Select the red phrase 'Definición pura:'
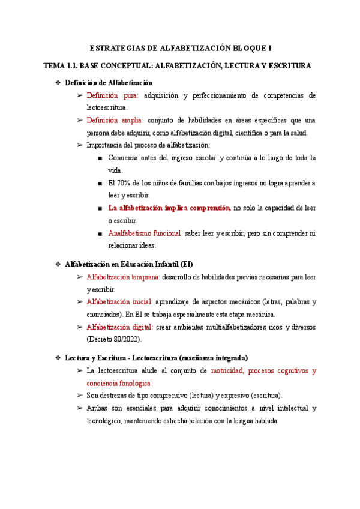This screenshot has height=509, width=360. coord(112,95)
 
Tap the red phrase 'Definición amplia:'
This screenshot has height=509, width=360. coord(115,120)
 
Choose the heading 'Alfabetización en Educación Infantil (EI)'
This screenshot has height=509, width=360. coord(128,264)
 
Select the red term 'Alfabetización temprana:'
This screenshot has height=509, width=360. coord(123,277)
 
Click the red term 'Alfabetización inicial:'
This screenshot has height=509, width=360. coord(119,301)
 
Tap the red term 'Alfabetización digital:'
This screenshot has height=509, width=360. coord(119,327)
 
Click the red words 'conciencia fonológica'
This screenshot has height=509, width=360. coord(119,383)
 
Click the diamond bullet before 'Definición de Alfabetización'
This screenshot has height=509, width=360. coord(58,83)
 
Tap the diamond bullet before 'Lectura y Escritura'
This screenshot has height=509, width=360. coord(58,358)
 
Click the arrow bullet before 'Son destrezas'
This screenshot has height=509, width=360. coord(80,396)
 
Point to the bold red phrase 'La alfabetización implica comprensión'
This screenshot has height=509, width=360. coord(169,208)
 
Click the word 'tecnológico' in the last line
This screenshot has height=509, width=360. coord(104,421)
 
